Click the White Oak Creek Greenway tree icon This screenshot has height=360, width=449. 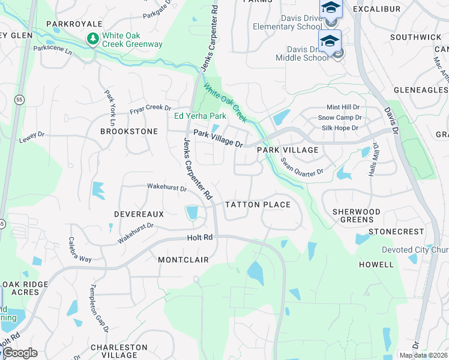[x=92, y=39]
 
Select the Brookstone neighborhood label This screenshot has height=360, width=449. [x=129, y=131]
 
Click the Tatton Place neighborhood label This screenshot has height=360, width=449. [x=258, y=205]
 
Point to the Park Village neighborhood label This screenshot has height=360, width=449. [x=288, y=150]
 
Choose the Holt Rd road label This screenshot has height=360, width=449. [x=200, y=238]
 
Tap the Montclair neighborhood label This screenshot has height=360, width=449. [x=183, y=260]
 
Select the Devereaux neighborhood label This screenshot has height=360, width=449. [x=139, y=214]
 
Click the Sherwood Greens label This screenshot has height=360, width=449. [x=357, y=216]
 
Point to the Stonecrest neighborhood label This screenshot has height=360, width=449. [x=396, y=232]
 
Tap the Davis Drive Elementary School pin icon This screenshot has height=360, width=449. [x=330, y=8]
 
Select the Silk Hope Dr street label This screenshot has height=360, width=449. [x=340, y=128]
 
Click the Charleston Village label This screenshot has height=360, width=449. [x=119, y=351]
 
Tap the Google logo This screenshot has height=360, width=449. [x=19, y=353]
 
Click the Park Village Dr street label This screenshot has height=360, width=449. [x=218, y=139]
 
